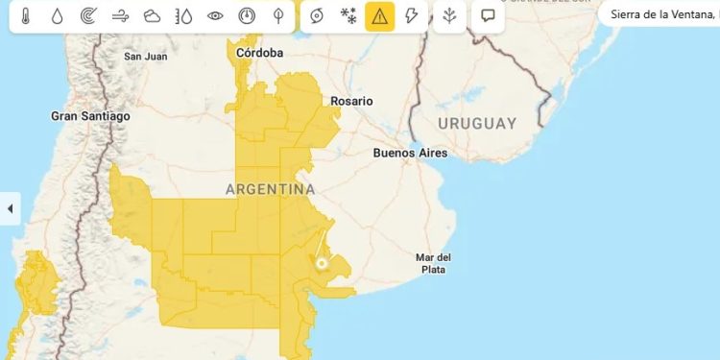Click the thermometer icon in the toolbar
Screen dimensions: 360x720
point(26,16)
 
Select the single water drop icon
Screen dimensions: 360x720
point(57,16)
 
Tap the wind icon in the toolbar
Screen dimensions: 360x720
point(120,16)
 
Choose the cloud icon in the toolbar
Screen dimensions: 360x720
point(152,16)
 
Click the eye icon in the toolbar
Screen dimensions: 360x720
point(215,16)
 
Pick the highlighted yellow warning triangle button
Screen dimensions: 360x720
point(380,16)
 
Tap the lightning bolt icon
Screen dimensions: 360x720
point(411,16)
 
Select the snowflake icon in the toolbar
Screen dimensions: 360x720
point(349,16)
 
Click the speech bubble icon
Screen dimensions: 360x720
point(488,16)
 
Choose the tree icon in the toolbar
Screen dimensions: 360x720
point(278,16)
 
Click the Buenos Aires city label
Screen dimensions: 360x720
point(410,153)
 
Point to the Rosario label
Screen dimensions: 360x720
point(350,101)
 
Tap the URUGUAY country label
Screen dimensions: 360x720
point(477,124)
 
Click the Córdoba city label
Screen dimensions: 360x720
point(260,53)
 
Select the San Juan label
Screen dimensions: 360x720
point(146,57)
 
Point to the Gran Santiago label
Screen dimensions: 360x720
point(90,116)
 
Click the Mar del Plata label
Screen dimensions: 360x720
point(433,263)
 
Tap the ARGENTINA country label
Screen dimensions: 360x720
point(270,189)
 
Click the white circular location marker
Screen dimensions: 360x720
point(322,263)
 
